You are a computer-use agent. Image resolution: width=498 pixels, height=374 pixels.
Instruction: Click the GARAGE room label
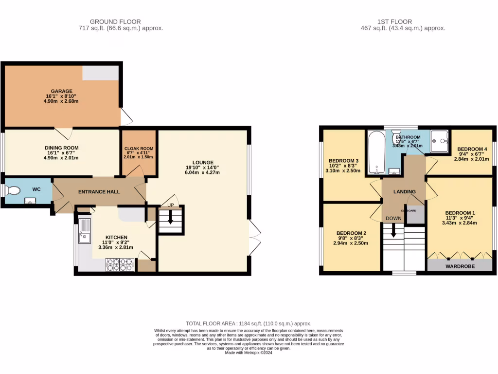click(x=62, y=91)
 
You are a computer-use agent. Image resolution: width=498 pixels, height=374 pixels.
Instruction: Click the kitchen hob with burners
click(x=120, y=264)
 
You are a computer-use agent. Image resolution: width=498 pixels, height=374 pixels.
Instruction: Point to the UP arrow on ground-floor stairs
click(x=171, y=219)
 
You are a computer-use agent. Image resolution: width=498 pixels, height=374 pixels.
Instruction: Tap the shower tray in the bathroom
click(x=441, y=141)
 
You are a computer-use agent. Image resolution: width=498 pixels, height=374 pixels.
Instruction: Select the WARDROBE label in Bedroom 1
click(x=460, y=266)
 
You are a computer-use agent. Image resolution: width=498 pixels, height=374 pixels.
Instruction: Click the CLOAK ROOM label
click(x=139, y=149)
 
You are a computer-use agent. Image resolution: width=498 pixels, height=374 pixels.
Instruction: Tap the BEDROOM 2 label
click(x=351, y=233)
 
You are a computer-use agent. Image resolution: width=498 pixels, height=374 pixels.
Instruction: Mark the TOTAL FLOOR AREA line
click(x=249, y=323)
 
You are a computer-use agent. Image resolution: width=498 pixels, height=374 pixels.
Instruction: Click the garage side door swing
click(x=125, y=116)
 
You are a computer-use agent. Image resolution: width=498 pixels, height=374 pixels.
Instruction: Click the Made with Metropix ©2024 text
click(x=249, y=353)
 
